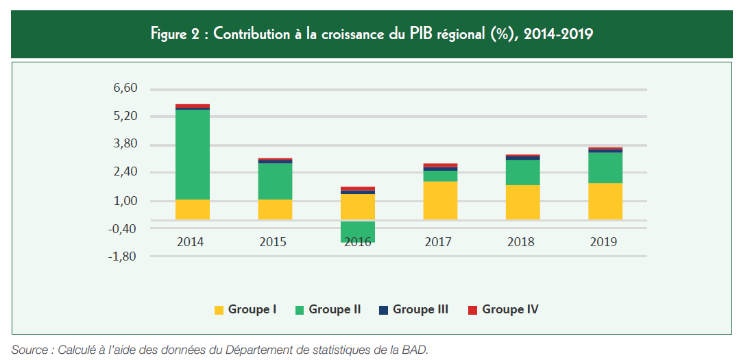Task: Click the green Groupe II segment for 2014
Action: click(x=193, y=154)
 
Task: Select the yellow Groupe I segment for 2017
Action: click(x=440, y=200)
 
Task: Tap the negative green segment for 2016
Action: click(x=358, y=231)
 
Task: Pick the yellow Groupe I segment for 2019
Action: click(x=605, y=201)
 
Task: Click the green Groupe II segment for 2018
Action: click(x=523, y=172)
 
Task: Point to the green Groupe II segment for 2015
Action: click(x=275, y=181)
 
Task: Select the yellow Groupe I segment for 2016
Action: click(x=358, y=206)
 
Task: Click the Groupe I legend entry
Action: click(x=245, y=310)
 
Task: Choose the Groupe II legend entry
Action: click(x=328, y=310)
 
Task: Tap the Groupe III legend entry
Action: click(x=413, y=310)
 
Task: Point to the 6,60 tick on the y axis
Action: click(x=125, y=88)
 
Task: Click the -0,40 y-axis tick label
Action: click(x=124, y=229)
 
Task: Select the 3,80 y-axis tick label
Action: click(x=125, y=145)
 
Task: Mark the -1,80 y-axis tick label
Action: click(x=124, y=257)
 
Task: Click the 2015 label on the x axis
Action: click(x=273, y=242)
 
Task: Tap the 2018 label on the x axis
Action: click(x=520, y=242)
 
